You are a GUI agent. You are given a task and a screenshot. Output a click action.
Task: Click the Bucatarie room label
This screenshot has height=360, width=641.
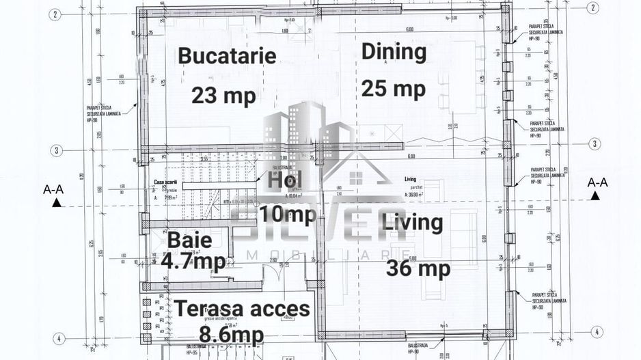pyautogui.click(x=227, y=56)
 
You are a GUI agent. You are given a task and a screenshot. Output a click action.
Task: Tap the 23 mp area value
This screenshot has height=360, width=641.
pyautogui.click(x=223, y=96)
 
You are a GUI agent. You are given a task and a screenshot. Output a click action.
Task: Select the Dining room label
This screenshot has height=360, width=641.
pyautogui.click(x=394, y=52)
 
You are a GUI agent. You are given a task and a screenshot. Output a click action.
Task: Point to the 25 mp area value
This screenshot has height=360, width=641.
pyautogui.click(x=393, y=88)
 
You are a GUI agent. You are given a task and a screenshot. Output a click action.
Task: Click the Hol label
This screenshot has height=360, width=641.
pyautogui.click(x=284, y=181)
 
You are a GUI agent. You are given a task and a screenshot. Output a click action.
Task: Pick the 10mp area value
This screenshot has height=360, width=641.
pyautogui.click(x=287, y=214)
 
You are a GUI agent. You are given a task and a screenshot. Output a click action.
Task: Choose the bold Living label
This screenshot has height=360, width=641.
pyautogui.click(x=412, y=223)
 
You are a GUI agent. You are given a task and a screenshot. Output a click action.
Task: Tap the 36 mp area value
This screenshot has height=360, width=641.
pyautogui.click(x=418, y=268)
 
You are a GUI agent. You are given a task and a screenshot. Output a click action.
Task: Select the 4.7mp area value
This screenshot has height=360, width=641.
pyautogui.click(x=193, y=261)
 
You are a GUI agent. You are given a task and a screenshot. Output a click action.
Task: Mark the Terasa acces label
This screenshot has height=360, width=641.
pyautogui.click(x=242, y=309)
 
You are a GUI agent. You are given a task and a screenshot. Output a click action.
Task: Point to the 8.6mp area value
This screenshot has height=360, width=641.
pyautogui.click(x=231, y=335)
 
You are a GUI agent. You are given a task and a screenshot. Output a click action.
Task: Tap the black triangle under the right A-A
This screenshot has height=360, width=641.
pyautogui.click(x=596, y=196)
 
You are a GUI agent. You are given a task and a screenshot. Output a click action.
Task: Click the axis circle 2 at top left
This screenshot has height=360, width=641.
pyautogui.click(x=57, y=14)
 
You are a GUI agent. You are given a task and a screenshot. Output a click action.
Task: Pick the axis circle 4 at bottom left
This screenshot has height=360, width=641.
pyautogui.click(x=60, y=337)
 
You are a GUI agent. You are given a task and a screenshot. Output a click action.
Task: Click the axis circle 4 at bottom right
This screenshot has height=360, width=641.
pyautogui.click(x=598, y=332)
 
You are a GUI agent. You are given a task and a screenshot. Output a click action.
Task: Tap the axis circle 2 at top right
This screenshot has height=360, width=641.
pyautogui.click(x=592, y=8)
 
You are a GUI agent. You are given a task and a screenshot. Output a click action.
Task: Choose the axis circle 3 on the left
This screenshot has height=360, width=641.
pyautogui.click(x=57, y=150)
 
